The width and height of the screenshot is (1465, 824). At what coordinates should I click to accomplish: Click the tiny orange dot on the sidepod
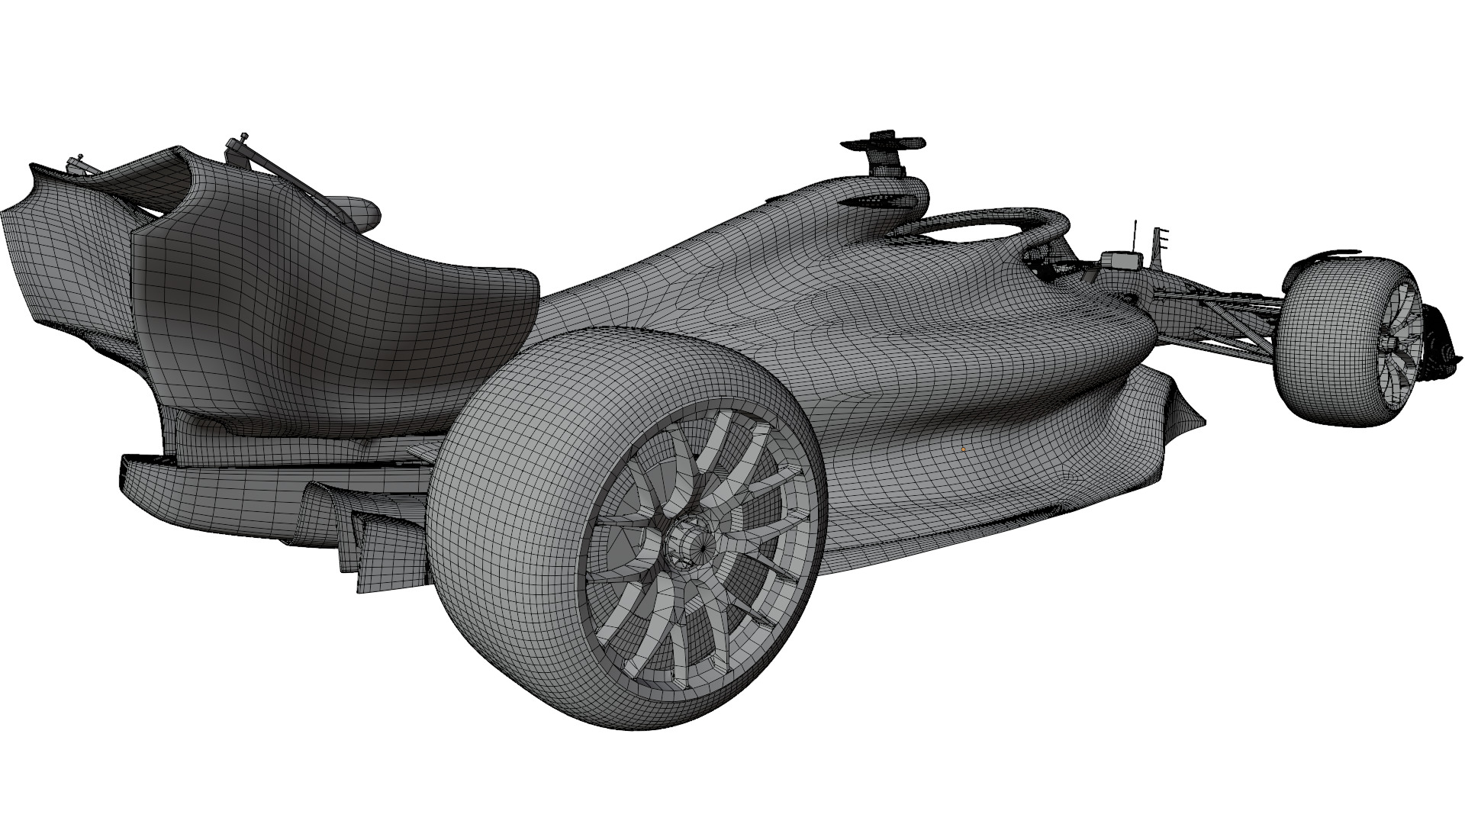(964, 449)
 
